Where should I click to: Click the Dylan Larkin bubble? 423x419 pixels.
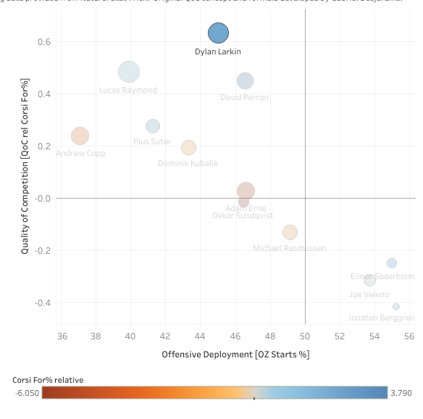click(218, 33)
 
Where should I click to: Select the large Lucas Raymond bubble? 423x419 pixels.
click(129, 72)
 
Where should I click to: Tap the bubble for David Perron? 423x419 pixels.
click(245, 81)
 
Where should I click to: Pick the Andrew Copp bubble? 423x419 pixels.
click(80, 136)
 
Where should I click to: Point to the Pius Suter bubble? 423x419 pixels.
click(152, 126)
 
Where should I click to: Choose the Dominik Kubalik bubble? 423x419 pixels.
click(188, 147)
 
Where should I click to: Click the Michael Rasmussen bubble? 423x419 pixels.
click(290, 232)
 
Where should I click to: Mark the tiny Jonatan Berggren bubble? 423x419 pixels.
click(395, 307)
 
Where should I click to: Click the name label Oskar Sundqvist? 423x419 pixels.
click(243, 215)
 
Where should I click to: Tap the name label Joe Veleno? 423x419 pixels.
click(369, 294)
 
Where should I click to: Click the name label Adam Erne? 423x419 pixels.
click(246, 207)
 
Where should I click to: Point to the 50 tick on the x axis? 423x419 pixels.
click(305, 336)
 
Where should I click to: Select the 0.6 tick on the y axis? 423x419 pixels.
click(44, 42)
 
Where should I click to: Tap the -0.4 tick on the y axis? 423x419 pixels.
click(43, 302)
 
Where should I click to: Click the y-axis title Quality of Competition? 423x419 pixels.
click(25, 187)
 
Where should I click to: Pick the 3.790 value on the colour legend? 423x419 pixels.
click(401, 393)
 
